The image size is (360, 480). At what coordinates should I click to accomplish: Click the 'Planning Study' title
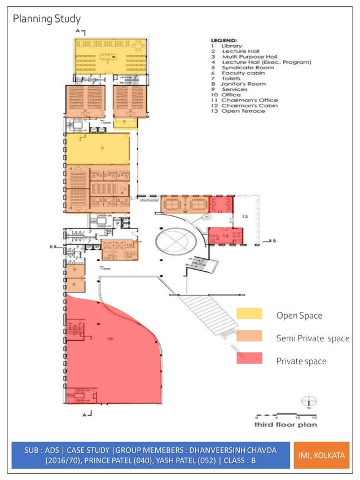(46, 20)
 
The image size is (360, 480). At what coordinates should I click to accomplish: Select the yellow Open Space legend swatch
(249, 314)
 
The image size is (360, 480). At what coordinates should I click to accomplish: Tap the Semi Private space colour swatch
(249, 336)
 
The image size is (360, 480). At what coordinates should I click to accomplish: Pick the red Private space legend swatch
(249, 358)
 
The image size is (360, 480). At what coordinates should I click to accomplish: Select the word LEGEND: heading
(223, 41)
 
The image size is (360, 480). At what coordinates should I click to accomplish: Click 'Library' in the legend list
(232, 46)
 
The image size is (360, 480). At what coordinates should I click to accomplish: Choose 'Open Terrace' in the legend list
(243, 111)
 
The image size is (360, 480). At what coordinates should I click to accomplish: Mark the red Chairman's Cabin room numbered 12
(225, 235)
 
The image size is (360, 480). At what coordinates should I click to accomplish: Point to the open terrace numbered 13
(245, 216)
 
